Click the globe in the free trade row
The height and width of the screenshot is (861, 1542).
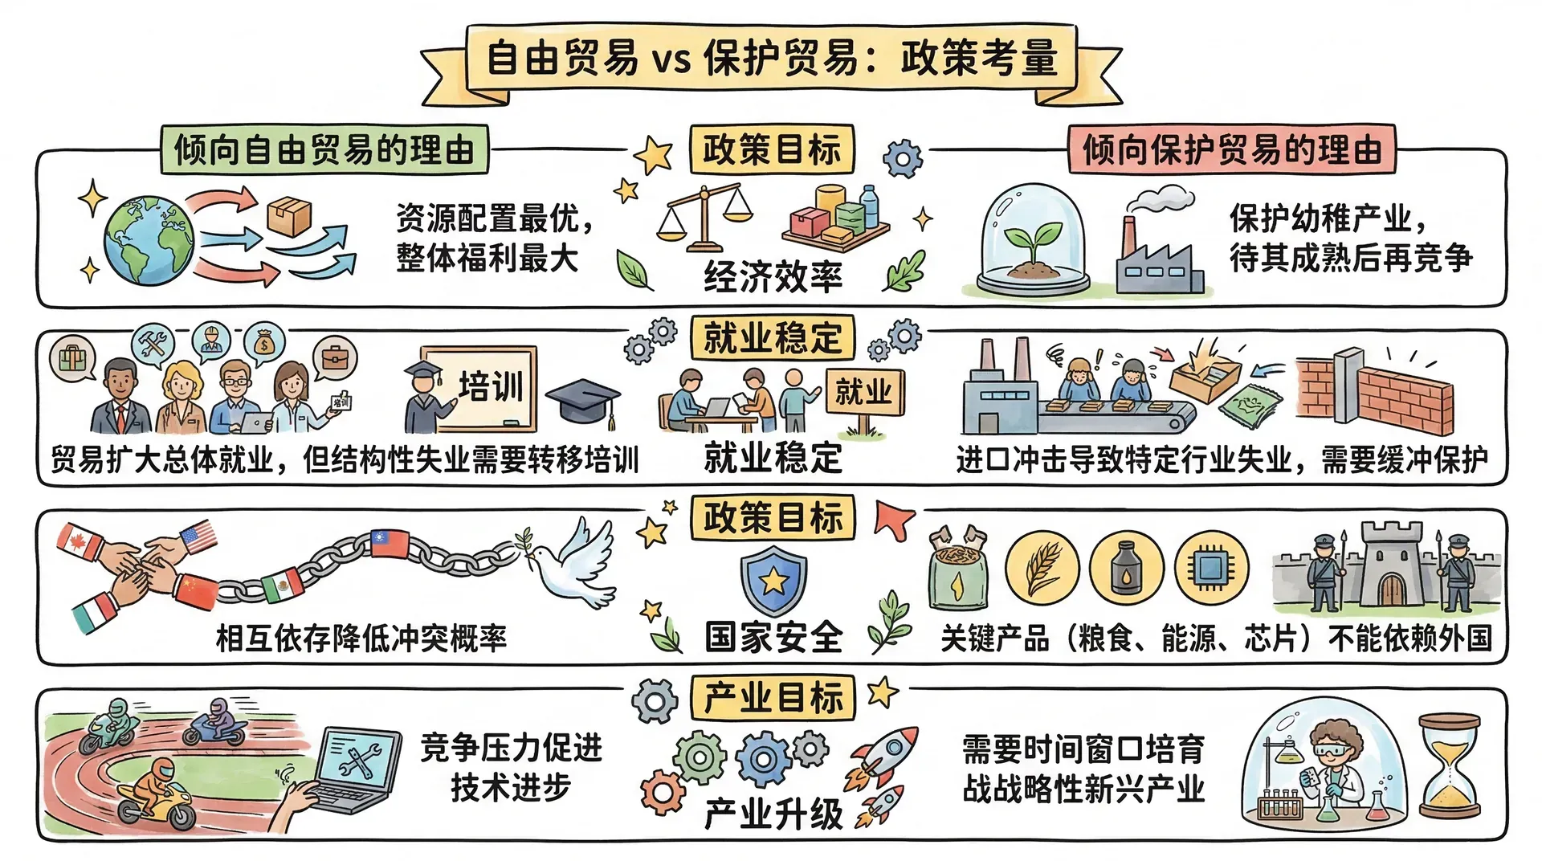click(x=149, y=240)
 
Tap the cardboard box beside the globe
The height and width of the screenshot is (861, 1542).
click(x=288, y=215)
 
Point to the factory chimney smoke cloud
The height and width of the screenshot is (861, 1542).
click(x=1163, y=198)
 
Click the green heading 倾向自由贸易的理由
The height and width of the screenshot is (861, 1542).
click(x=324, y=149)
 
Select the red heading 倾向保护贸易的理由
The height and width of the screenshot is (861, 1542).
click(x=1232, y=149)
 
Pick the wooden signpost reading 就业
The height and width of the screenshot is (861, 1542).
click(x=864, y=393)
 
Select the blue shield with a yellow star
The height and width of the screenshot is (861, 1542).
click(x=773, y=580)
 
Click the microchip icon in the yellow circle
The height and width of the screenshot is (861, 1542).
click(x=1211, y=568)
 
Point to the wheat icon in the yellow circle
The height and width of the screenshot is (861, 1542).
click(x=1042, y=568)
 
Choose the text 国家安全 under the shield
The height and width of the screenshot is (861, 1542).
click(x=773, y=638)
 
